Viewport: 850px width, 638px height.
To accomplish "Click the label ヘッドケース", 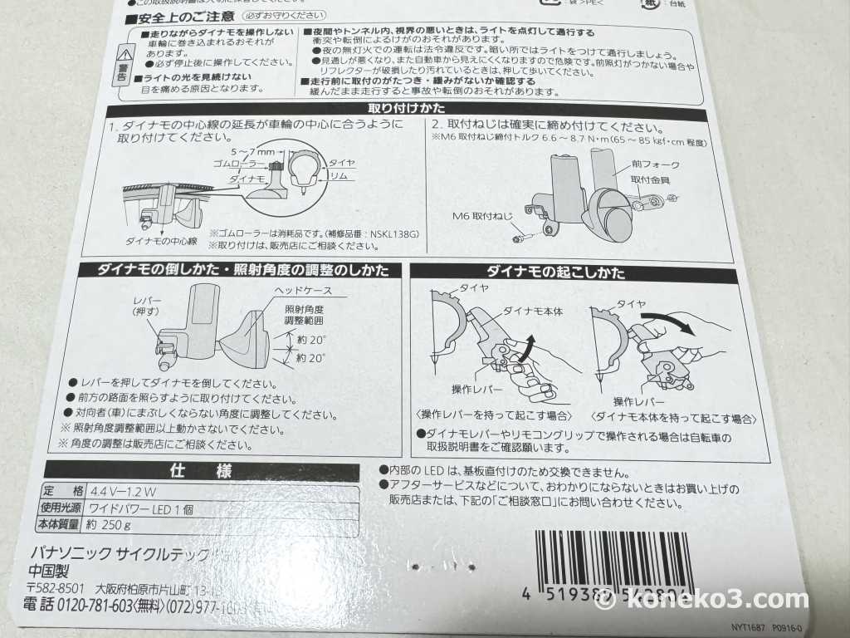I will point(303,291).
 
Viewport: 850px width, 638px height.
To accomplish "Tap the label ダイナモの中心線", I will point(159,241).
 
